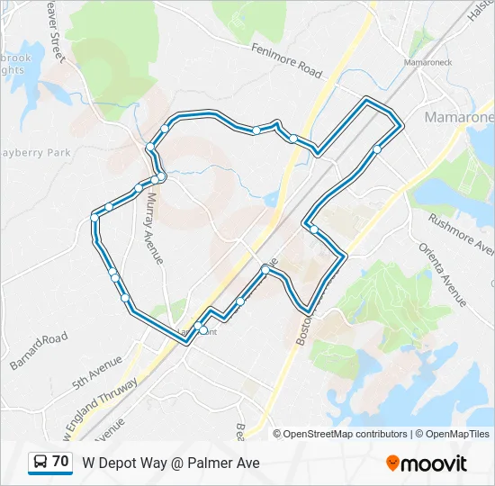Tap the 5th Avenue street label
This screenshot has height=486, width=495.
tap(97, 369)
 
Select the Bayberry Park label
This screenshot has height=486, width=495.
tap(36, 153)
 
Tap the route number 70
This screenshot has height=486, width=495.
tap(60, 462)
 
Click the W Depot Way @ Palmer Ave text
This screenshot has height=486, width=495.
tap(171, 463)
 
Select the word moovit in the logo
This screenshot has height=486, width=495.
tap(435, 463)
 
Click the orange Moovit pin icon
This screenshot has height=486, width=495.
tap(392, 463)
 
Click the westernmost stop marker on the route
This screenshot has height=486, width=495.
tap(94, 217)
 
